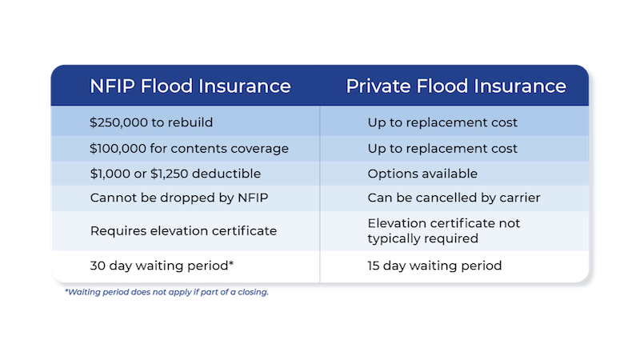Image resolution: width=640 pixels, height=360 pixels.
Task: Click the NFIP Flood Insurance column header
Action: tap(190, 86)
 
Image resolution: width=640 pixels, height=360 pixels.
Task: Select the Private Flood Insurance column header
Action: tap(456, 86)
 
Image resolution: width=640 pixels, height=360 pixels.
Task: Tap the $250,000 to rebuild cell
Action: tap(151, 122)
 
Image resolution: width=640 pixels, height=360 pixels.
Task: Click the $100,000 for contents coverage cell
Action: tap(189, 149)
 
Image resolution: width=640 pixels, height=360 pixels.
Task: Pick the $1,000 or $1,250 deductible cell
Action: tap(175, 174)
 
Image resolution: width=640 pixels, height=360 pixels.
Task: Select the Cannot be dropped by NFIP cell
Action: tap(179, 198)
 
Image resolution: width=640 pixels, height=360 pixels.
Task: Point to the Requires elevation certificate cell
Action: tap(183, 231)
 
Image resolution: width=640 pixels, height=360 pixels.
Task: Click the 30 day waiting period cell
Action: tap(162, 266)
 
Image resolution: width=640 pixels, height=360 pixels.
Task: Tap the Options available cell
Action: tap(422, 174)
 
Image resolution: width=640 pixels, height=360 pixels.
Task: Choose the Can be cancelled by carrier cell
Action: tap(454, 198)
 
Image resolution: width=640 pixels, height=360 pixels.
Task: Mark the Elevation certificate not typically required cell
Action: tap(444, 230)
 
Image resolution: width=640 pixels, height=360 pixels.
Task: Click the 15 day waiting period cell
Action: tap(434, 266)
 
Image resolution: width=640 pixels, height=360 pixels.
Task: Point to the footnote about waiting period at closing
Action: tap(166, 292)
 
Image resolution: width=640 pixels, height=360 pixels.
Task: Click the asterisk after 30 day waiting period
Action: tap(231, 263)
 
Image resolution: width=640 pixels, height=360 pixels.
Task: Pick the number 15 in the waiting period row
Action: tap(374, 266)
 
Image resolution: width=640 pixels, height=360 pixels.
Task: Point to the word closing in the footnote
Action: tap(254, 292)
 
